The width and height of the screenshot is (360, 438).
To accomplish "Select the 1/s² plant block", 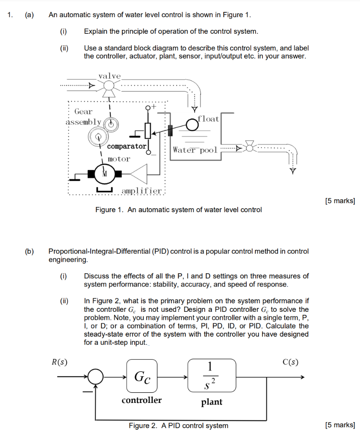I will (212, 375).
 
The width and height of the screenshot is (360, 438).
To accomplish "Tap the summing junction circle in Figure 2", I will (96, 377).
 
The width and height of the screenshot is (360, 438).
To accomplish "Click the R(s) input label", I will (59, 362).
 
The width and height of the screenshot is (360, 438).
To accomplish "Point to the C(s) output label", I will (290, 362).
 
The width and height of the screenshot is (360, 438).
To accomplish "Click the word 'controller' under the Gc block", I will (142, 400).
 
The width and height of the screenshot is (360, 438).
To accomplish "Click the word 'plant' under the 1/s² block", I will (212, 402).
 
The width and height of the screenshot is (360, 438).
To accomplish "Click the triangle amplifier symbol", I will (139, 173).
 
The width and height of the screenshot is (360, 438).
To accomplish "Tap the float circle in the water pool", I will (192, 125).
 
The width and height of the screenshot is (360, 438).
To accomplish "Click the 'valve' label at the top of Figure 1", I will (109, 76).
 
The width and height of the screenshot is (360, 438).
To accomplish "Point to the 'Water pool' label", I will (195, 150).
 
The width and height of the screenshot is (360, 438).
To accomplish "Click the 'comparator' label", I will (127, 146).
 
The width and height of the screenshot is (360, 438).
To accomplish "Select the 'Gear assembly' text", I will (84, 116).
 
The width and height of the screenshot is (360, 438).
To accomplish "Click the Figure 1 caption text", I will (179, 210).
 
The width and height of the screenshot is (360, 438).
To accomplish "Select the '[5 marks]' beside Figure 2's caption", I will (339, 425).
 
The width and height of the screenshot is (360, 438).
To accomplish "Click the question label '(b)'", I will (29, 252).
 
